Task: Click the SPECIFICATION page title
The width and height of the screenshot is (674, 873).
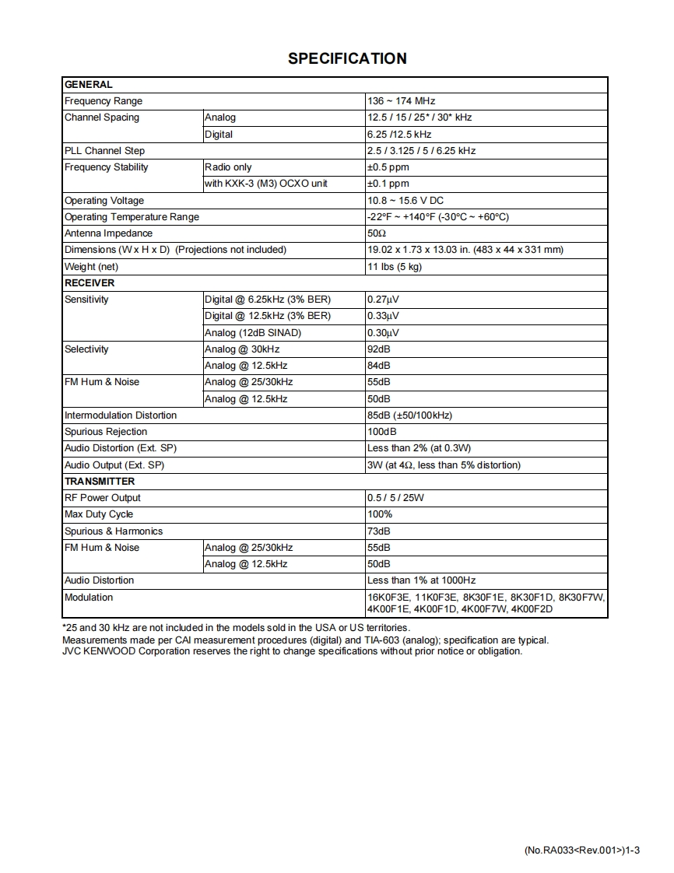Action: coord(347,58)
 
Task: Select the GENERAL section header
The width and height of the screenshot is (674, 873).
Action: coord(88,85)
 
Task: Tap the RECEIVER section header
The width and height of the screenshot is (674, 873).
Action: coord(90,283)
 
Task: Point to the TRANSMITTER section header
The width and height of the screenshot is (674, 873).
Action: coord(100,482)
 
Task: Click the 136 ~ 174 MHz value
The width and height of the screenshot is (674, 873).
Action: coord(401,101)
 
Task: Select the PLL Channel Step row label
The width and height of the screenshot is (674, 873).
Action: coord(104,151)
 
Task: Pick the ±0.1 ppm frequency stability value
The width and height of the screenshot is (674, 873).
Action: coord(388,184)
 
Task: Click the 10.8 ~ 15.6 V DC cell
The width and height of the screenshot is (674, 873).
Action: coord(405,201)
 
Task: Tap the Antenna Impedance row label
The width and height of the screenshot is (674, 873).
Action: coord(108,233)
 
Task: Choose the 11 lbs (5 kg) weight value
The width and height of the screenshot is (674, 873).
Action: coord(394,267)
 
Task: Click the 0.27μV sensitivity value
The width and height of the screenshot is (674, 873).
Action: coord(383,300)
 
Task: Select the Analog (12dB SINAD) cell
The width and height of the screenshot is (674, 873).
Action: coord(252,333)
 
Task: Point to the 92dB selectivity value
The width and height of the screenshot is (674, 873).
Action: coord(378,349)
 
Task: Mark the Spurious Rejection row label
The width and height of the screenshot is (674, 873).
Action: coord(106,432)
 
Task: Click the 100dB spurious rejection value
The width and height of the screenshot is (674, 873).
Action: coord(381,432)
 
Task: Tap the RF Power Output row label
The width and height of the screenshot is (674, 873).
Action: coord(103,498)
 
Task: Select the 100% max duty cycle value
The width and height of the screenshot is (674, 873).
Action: coord(380,514)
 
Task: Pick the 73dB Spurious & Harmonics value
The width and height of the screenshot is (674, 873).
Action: coord(378,531)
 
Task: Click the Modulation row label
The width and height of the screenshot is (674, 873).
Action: coord(89,598)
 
